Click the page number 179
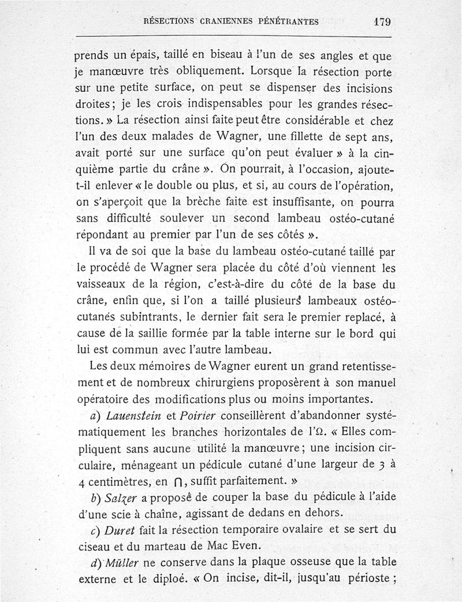click(382, 22)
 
